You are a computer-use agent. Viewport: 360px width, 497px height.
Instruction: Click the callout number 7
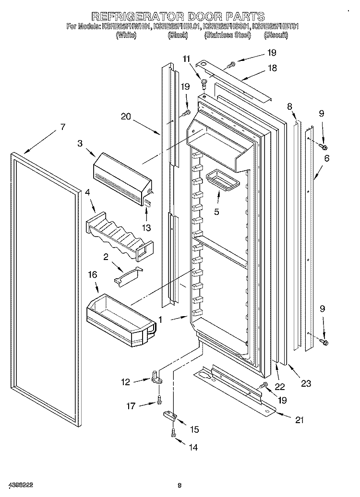coord(62,127)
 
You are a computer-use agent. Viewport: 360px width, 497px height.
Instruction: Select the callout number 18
coord(272,68)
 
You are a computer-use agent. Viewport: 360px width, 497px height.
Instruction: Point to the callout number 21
coord(300,420)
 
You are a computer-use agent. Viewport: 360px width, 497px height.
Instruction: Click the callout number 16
coord(93,275)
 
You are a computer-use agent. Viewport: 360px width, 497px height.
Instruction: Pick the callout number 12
coord(125,382)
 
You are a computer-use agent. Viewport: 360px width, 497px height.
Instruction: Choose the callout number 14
coord(193,448)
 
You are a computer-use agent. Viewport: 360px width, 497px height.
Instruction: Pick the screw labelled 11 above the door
coord(204,83)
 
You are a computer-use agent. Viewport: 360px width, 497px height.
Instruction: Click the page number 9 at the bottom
coord(179,486)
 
